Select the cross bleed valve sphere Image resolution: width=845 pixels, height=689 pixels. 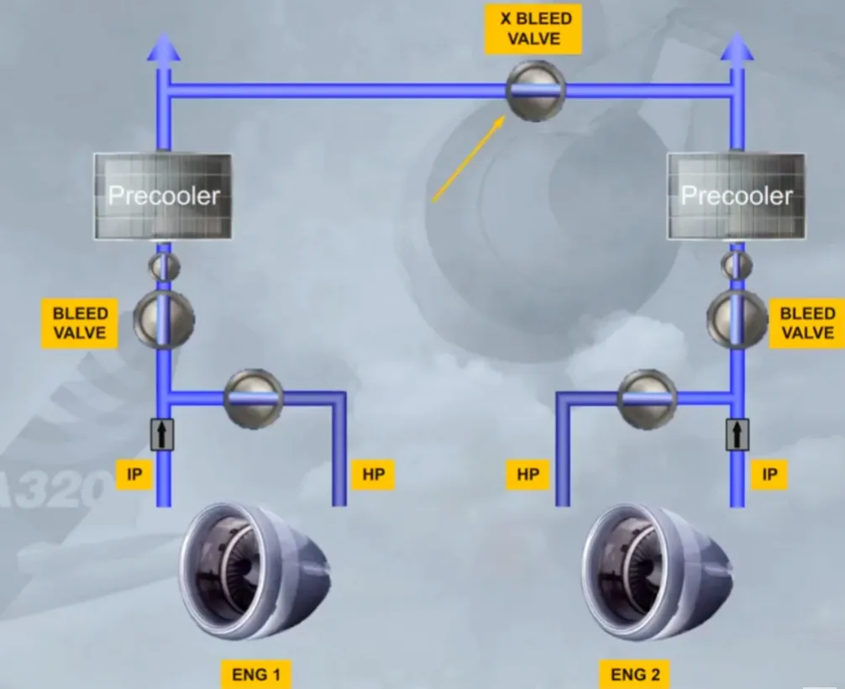pyautogui.click(x=536, y=91)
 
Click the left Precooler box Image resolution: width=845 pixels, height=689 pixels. pyautogui.click(x=163, y=196)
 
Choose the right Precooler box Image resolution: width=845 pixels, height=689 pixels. pyautogui.click(x=736, y=196)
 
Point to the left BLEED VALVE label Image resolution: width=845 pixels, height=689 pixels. pyautogui.click(x=80, y=323)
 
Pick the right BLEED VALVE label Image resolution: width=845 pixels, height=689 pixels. pyautogui.click(x=806, y=323)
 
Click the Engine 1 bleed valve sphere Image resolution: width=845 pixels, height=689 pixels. pyautogui.click(x=164, y=319)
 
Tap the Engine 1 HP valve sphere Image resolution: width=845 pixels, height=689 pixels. pyautogui.click(x=254, y=399)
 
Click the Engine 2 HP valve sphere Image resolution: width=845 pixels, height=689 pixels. pyautogui.click(x=648, y=399)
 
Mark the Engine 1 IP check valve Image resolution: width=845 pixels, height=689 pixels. pyautogui.click(x=162, y=434)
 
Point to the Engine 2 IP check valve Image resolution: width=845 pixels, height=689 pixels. pyautogui.click(x=737, y=434)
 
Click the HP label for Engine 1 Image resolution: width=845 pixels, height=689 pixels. pyautogui.click(x=373, y=475)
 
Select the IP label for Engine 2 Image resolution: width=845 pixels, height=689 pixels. pyautogui.click(x=769, y=475)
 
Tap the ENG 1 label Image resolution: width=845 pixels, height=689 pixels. pyautogui.click(x=256, y=675)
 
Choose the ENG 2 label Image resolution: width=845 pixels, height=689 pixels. pyautogui.click(x=635, y=675)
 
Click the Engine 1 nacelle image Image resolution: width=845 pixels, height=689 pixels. pyautogui.click(x=255, y=571)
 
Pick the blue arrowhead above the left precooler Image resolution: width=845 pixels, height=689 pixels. pyautogui.click(x=164, y=47)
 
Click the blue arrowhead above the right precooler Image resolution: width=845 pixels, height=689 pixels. pyautogui.click(x=737, y=47)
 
